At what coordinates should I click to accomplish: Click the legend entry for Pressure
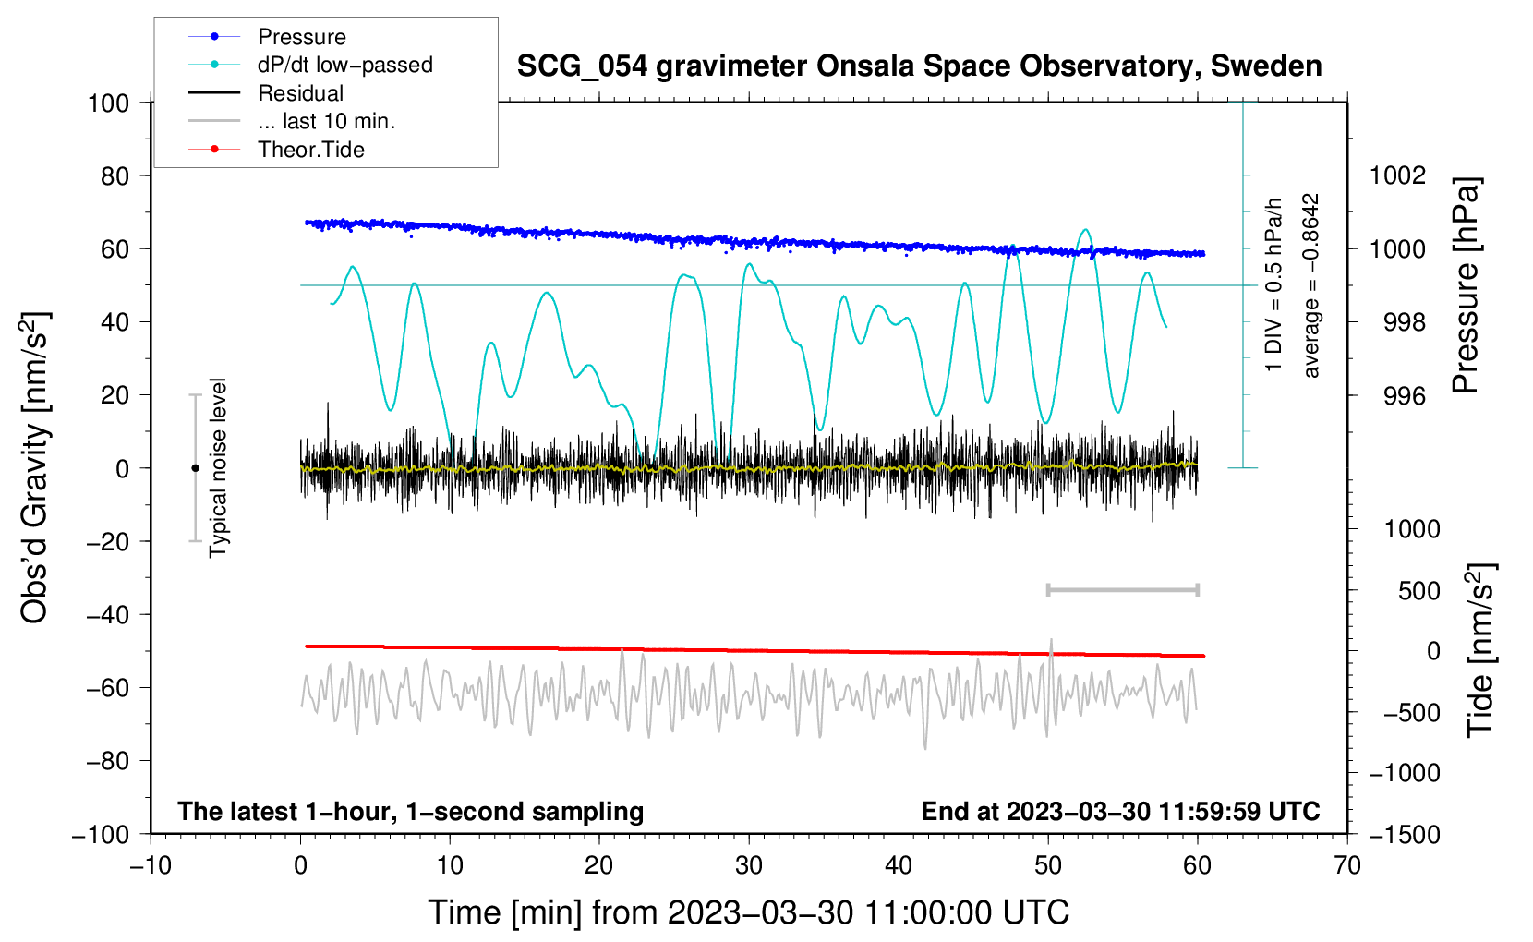click(301, 37)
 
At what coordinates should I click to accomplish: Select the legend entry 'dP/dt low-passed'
click(344, 65)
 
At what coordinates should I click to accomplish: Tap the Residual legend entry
click(300, 93)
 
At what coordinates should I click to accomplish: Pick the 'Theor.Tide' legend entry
click(310, 150)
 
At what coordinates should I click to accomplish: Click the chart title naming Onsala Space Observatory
click(919, 66)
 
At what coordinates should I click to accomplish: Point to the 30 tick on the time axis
click(749, 865)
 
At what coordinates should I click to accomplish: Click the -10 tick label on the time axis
click(151, 865)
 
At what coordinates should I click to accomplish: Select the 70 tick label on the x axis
click(1347, 865)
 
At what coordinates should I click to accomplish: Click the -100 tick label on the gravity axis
click(102, 834)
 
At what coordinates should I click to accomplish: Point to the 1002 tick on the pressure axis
click(1398, 175)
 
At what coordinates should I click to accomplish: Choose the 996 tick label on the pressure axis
click(1404, 396)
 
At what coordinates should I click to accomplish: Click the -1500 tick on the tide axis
click(1405, 834)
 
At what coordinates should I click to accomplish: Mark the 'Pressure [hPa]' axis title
click(1466, 285)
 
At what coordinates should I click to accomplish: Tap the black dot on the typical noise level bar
click(195, 468)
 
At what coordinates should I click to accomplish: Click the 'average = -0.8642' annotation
click(1311, 285)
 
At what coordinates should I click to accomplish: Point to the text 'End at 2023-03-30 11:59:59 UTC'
click(1120, 811)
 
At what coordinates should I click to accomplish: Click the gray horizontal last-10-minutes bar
click(1122, 589)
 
